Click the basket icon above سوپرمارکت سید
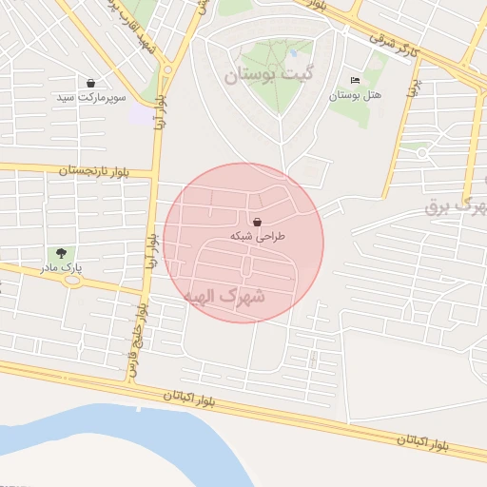tap(90, 84)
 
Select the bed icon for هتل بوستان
tap(356, 80)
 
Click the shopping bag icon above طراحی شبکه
tap(258, 221)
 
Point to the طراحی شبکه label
tap(258, 235)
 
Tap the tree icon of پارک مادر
tap(61, 254)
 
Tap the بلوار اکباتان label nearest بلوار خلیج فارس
tap(188, 398)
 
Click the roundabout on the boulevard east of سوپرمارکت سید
tap(167, 68)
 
